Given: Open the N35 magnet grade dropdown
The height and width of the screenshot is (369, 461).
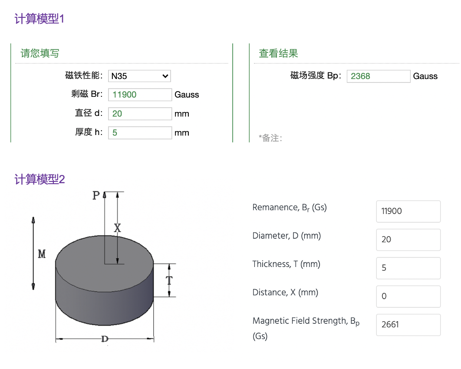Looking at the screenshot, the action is [x=139, y=76].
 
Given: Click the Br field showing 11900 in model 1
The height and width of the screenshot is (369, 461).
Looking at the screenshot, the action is [x=140, y=95].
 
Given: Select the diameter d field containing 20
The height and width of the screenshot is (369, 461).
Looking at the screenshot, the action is [x=140, y=114].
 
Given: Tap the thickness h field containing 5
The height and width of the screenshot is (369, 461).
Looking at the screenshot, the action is [x=140, y=132].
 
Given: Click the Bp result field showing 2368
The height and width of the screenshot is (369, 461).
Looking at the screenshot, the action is [x=379, y=76].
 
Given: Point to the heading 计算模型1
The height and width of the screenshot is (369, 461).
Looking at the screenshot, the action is [x=40, y=19].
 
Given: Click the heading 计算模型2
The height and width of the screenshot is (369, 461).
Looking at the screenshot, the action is [x=40, y=179].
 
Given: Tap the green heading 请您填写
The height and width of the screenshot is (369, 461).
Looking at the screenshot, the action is [x=40, y=53].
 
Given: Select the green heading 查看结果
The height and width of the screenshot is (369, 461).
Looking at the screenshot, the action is [x=278, y=53].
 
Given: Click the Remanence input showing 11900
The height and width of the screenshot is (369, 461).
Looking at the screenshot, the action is [x=408, y=211].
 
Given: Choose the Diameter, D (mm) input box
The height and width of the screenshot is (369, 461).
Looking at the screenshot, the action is [x=408, y=240].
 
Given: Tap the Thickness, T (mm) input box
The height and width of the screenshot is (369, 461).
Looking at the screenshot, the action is [x=408, y=268].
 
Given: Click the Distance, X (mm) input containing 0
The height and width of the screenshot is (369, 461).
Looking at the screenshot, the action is [x=408, y=297].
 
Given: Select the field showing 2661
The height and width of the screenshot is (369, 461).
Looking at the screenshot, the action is [x=408, y=325].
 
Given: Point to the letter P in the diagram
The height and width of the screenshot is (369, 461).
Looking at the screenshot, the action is [x=96, y=195].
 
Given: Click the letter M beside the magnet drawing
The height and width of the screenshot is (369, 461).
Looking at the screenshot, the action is [x=42, y=254].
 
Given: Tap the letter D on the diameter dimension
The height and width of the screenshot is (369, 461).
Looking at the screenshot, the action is [x=105, y=339].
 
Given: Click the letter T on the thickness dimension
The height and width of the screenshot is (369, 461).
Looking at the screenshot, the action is [x=169, y=280].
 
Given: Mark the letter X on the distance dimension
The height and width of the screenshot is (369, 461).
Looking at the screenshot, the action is [x=117, y=228].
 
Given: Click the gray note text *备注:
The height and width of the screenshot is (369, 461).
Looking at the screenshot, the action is [x=270, y=138].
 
